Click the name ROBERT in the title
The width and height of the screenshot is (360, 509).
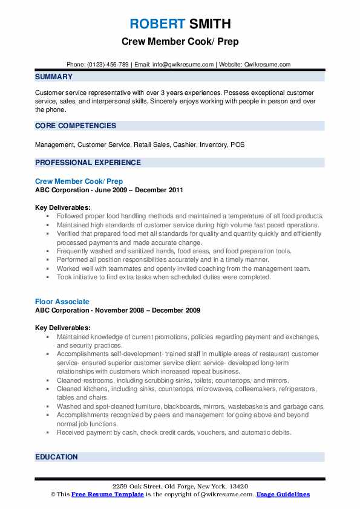[156, 24]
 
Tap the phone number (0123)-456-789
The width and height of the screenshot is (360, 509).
[107, 64]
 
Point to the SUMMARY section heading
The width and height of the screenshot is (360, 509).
[54, 77]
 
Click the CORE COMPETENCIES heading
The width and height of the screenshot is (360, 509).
[76, 126]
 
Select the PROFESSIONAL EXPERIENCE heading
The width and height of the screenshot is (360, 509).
[88, 162]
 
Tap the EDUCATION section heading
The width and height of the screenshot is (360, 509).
[57, 458]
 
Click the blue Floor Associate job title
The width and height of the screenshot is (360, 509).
[62, 301]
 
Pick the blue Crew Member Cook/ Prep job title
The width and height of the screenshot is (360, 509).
[79, 181]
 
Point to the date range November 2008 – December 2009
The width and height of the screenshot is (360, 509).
[149, 310]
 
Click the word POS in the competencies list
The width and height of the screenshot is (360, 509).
[238, 145]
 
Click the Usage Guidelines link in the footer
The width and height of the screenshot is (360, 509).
[283, 494]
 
